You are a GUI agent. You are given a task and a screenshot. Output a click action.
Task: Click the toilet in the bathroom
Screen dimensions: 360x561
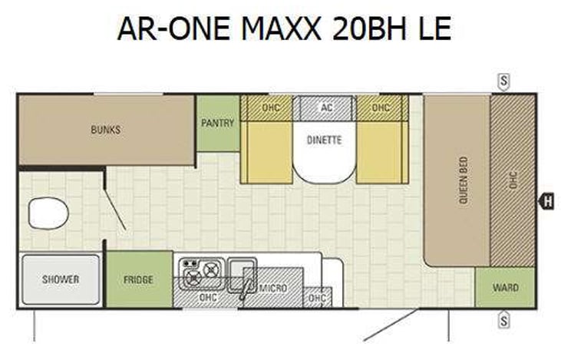point(48,213)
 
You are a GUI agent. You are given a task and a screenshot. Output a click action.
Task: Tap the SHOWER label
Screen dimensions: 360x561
point(61,279)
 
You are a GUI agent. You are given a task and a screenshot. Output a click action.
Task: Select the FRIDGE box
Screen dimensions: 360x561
point(138,279)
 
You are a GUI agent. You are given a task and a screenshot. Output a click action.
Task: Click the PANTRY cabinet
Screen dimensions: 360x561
point(217,123)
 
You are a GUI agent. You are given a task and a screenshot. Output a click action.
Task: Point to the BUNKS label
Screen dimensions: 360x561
point(105,130)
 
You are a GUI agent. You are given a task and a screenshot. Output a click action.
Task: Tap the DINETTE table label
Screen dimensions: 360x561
point(324,140)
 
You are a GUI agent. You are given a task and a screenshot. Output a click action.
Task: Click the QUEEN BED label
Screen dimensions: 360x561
point(463,180)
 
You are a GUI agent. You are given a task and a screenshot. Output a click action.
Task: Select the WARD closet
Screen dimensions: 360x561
point(504,288)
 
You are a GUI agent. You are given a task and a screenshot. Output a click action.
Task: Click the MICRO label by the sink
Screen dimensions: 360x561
point(272,288)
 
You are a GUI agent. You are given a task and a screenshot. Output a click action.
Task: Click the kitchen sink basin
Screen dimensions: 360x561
point(245,274)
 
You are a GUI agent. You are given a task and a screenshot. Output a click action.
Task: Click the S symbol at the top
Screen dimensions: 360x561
point(504,80)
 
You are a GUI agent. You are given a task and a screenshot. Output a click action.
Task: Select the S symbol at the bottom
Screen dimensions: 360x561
point(504,319)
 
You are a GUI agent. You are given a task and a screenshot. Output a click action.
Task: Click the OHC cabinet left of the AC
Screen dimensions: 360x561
point(270,107)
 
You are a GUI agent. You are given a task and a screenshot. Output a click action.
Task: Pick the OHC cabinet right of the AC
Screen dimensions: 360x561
point(381,107)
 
